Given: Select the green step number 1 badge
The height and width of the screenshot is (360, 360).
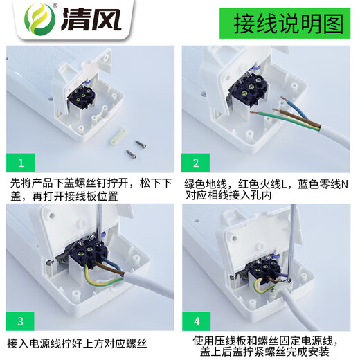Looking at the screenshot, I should coord(21,163).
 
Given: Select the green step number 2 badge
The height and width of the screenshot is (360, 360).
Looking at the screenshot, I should coord(197,163).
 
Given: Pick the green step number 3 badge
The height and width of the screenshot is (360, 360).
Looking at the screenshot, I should coord(21,321).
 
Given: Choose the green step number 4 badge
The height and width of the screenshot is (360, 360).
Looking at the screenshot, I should coord(197,321).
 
